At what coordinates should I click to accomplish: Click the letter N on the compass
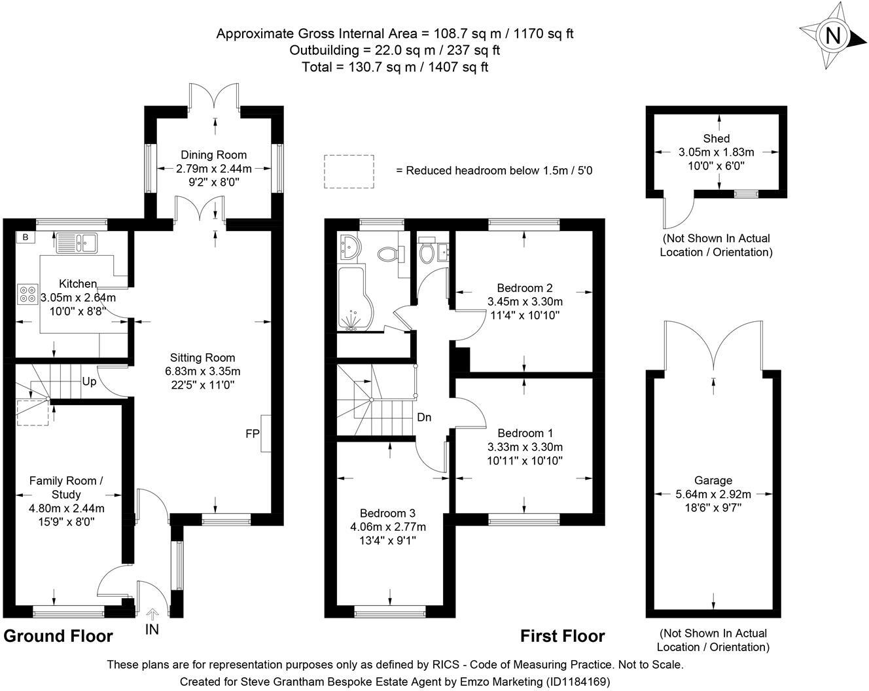tap(832, 35)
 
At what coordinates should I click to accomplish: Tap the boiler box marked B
tap(25, 238)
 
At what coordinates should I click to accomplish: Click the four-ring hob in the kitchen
tap(28, 294)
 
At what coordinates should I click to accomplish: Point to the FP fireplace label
tap(252, 433)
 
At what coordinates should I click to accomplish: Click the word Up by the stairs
tap(90, 381)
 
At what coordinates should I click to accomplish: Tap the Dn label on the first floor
tap(424, 417)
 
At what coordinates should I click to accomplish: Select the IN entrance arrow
tap(152, 615)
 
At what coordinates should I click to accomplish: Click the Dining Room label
tap(214, 155)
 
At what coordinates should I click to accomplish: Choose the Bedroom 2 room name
tap(525, 288)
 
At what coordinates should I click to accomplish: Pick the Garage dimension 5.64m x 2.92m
tap(713, 494)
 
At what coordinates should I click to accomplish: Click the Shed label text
tap(717, 138)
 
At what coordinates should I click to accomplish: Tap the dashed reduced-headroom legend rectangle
tap(349, 171)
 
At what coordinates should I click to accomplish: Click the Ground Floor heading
tap(58, 636)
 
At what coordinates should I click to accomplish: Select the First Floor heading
tap(562, 636)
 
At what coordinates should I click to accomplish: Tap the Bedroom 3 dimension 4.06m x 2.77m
tap(387, 527)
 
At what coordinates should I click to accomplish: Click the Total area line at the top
tap(395, 67)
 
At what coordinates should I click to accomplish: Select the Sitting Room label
tap(202, 358)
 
